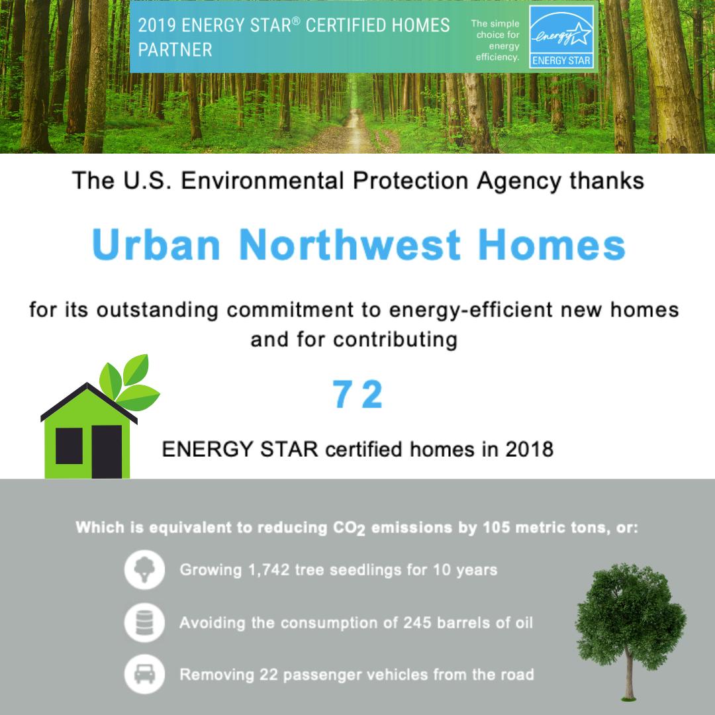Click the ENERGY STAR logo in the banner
point(562,37)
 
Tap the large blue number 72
point(358,395)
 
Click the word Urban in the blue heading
point(156,245)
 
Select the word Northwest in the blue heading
point(350,245)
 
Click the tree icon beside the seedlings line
point(144,569)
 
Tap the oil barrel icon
point(144,622)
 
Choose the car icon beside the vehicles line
point(144,675)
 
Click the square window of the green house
point(69,446)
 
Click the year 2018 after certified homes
point(529,449)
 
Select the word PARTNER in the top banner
point(175,50)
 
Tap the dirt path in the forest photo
point(355,132)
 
